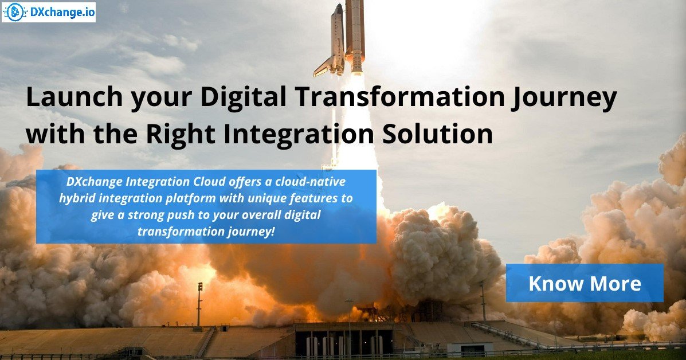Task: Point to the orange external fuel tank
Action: click(355, 34)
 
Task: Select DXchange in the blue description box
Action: click(92, 182)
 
